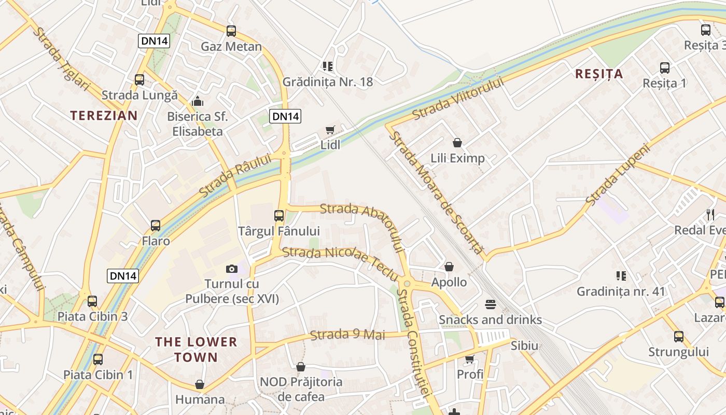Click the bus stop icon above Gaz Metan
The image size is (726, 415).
point(231,31)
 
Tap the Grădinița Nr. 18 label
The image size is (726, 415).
point(327,81)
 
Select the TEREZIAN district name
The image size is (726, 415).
point(104,115)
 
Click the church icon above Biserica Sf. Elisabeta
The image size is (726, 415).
point(197,101)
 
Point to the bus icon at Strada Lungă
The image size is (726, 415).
point(139,80)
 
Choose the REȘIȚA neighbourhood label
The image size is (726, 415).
point(599,74)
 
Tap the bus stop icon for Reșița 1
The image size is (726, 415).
point(664,68)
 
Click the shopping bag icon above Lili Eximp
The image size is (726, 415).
point(457,143)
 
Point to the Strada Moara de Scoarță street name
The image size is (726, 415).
point(436,191)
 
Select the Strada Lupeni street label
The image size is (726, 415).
point(618,174)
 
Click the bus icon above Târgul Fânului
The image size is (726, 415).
point(279,216)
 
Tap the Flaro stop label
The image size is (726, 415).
point(156,241)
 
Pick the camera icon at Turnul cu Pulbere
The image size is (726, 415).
point(232,269)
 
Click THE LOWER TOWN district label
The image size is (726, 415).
point(196,349)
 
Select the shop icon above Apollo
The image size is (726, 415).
point(449,267)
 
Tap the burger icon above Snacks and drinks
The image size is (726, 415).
point(491,304)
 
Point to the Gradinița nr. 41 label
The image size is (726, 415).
point(621,291)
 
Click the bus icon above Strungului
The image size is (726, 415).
point(678,337)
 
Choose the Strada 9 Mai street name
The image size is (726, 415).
point(347,335)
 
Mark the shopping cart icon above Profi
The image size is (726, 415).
point(470,359)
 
